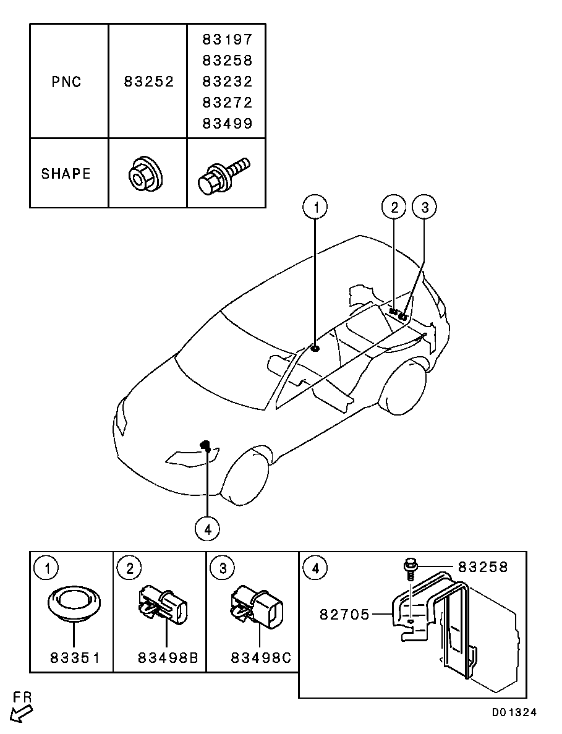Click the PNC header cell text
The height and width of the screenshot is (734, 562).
(x=66, y=82)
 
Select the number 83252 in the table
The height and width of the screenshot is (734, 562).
(x=149, y=82)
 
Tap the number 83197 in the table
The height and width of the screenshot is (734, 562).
(x=228, y=40)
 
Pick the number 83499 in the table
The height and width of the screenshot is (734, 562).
(x=228, y=124)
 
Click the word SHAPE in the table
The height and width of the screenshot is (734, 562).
(x=66, y=174)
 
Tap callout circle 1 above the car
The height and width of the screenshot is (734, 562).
(x=315, y=207)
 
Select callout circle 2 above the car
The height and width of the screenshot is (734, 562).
(x=394, y=207)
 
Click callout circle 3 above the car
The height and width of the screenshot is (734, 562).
(x=424, y=207)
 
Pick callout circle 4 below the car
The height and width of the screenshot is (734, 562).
(x=207, y=529)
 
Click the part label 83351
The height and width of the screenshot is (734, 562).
(x=75, y=658)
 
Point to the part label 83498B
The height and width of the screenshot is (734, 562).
(x=168, y=658)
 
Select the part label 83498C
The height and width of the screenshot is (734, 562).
(x=261, y=658)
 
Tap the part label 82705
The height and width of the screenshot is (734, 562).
(x=345, y=614)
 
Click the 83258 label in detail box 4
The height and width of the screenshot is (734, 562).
(x=483, y=568)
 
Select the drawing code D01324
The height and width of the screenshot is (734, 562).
(x=514, y=712)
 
